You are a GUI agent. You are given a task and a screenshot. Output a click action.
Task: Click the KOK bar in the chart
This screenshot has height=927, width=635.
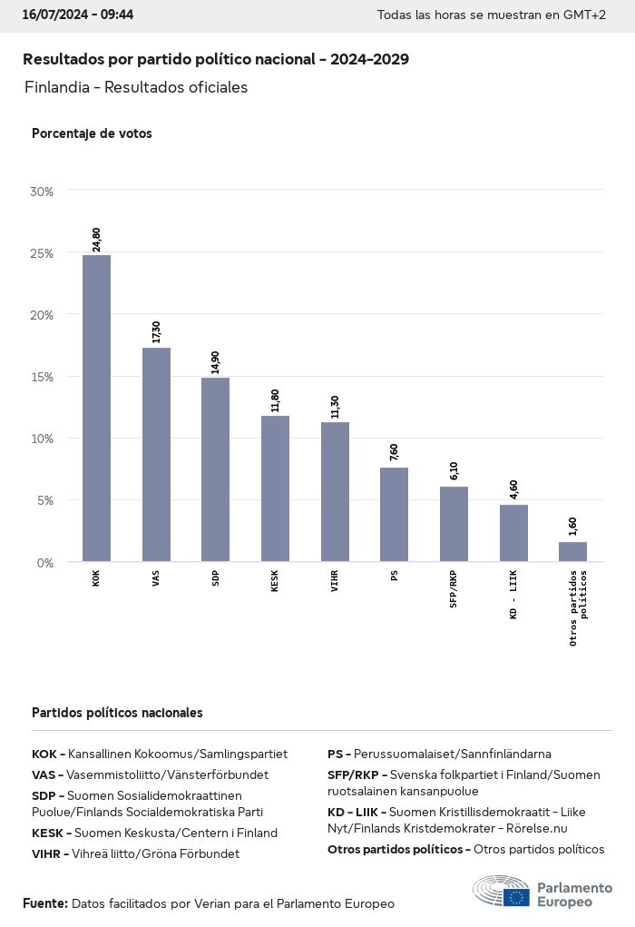96,409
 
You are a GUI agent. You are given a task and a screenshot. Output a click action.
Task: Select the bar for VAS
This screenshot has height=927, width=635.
156,454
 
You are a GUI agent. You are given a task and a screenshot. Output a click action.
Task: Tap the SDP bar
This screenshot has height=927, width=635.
215,469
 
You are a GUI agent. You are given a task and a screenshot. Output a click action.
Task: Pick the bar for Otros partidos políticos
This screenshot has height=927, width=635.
572,552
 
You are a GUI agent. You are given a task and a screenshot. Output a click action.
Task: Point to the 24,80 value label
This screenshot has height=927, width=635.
96,239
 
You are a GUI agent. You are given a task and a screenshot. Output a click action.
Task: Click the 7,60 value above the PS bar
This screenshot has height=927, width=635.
394,452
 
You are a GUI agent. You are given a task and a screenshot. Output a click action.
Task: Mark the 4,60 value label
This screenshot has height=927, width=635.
513,489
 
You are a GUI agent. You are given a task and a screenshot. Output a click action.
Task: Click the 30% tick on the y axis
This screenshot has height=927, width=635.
42,192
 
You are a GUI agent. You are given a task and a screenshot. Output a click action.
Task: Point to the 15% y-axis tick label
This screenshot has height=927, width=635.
42,377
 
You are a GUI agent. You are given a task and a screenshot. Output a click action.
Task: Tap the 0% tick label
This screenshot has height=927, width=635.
45,563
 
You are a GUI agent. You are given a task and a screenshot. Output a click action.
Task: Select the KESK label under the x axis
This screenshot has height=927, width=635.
275,582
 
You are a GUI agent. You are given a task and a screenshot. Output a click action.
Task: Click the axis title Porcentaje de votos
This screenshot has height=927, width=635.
92,133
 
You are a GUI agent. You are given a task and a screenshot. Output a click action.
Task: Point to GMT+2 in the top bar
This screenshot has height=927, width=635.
585,16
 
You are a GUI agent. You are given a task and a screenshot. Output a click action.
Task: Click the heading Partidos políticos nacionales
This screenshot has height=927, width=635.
117,713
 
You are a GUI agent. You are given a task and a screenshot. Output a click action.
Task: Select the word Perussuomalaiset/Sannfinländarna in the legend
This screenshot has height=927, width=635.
452,754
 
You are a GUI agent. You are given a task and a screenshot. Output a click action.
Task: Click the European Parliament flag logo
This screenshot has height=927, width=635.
517,897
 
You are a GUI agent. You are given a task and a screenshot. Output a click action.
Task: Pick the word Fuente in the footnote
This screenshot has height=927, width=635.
44,903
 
